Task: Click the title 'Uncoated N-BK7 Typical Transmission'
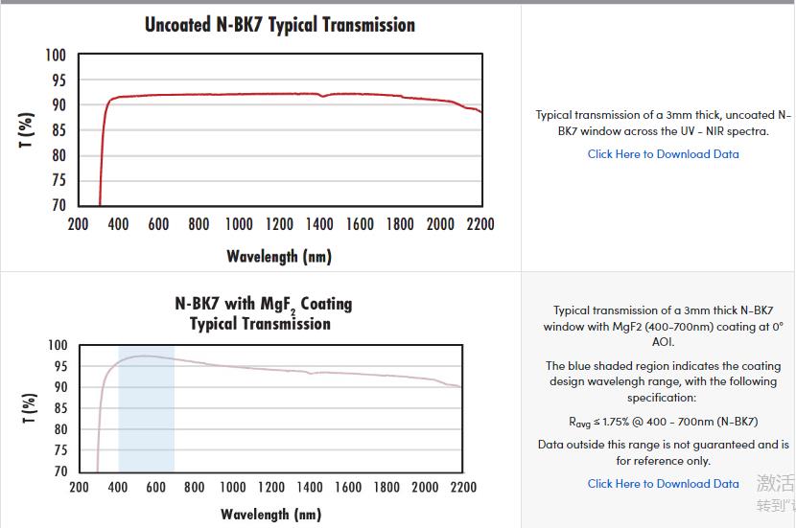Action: pyautogui.click(x=279, y=25)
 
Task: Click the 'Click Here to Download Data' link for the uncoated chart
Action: pyautogui.click(x=663, y=154)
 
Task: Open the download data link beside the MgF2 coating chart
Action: pyautogui.click(x=663, y=484)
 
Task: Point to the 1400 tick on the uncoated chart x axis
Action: pyautogui.click(x=319, y=224)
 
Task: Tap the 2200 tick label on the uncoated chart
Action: pyautogui.click(x=480, y=224)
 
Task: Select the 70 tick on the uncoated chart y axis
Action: pyautogui.click(x=58, y=205)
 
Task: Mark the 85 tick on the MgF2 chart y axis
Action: pyautogui.click(x=59, y=408)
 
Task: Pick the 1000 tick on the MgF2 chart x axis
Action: pyautogui.click(x=233, y=487)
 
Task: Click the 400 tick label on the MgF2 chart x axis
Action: pyautogui.click(x=118, y=487)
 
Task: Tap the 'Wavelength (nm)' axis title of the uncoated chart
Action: pyautogui.click(x=279, y=256)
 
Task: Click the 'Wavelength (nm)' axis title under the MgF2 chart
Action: pyautogui.click(x=270, y=515)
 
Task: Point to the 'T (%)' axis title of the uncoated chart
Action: pyautogui.click(x=27, y=130)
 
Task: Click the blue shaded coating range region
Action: pyautogui.click(x=146, y=422)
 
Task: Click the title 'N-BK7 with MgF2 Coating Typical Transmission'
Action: pyautogui.click(x=262, y=313)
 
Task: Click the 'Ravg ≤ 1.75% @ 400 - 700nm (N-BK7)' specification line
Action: pyautogui.click(x=663, y=421)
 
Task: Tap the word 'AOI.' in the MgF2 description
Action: pyautogui.click(x=663, y=341)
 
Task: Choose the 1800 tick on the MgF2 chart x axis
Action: pyautogui.click(x=386, y=487)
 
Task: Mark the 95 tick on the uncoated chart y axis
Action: pyautogui.click(x=58, y=80)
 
